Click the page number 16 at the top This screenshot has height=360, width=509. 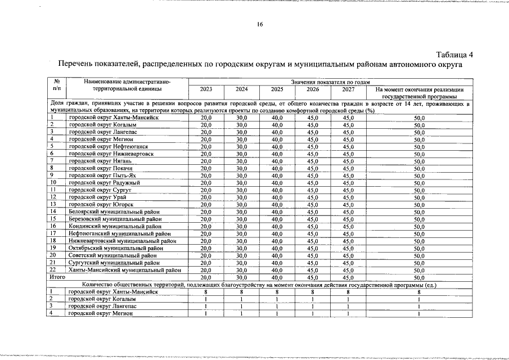[x=260, y=24]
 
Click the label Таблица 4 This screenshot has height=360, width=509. [x=455, y=55]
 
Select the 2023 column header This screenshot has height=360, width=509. [x=206, y=89]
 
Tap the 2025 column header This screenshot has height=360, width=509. [x=277, y=89]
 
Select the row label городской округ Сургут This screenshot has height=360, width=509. [x=96, y=190]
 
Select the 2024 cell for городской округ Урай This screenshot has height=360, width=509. [x=241, y=197]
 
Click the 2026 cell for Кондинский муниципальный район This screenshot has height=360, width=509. [x=313, y=226]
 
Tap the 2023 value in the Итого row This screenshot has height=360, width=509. [x=206, y=277]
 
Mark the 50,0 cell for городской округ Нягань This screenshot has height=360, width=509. [x=419, y=161]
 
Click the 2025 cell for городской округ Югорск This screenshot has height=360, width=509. [x=277, y=204]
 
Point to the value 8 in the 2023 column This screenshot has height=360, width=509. [x=206, y=292]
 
